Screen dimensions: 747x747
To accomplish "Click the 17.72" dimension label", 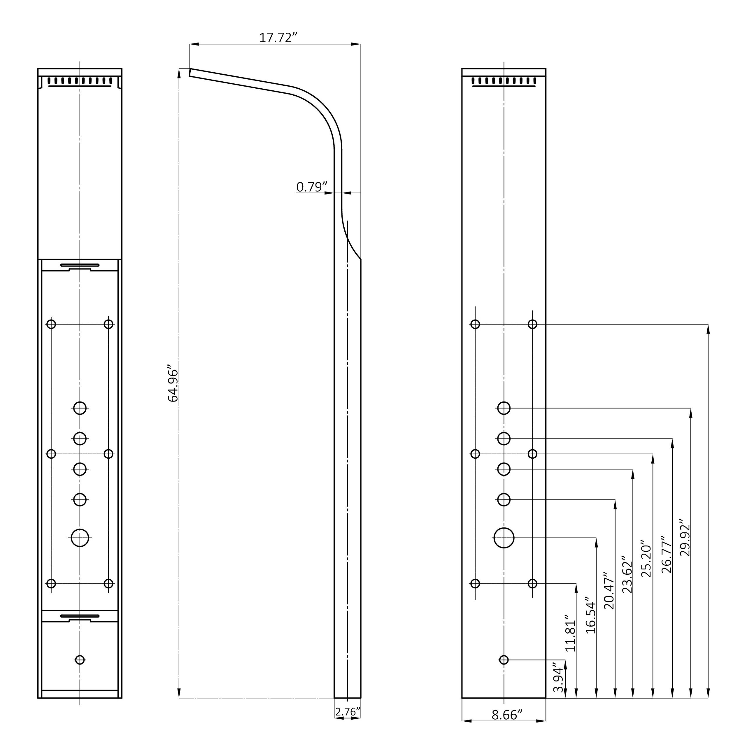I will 278,38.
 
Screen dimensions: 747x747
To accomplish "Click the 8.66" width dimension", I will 507,726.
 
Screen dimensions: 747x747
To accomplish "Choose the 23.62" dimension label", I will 627,575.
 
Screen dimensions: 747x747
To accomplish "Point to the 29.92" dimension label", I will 685,538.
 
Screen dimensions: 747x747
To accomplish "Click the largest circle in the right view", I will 504,538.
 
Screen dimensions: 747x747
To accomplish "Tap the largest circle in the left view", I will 80,538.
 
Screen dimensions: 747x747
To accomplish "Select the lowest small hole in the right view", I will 504,660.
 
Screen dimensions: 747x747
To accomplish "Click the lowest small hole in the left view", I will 80,660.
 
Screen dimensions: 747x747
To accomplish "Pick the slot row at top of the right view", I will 504,81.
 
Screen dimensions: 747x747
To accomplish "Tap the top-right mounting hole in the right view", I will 532,324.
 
